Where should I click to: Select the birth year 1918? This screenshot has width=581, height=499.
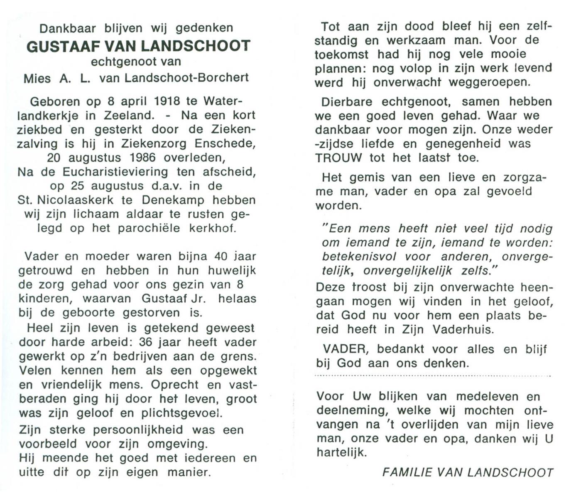click(x=167, y=101)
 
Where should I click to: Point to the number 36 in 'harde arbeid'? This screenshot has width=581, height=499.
click(x=147, y=342)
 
